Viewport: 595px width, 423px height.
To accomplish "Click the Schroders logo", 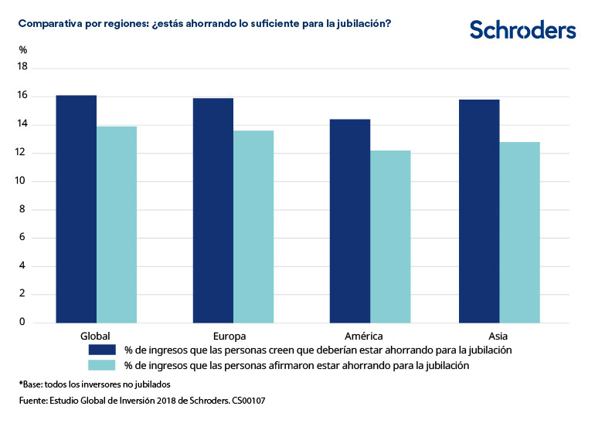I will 522,30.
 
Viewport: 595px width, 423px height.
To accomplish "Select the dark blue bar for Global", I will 76,208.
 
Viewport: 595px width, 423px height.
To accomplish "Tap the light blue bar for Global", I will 117,224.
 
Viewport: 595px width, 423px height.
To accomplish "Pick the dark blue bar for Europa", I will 213,210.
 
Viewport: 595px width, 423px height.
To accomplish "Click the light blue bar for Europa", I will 253,226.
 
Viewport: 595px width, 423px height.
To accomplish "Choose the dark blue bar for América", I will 350,221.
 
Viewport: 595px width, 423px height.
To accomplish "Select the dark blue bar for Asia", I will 479,211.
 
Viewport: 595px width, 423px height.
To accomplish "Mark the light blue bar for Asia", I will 519,232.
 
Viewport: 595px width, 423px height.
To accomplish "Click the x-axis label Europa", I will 229,337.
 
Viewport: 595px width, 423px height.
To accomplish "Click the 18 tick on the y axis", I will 22,67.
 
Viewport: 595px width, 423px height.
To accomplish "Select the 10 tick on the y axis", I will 22,181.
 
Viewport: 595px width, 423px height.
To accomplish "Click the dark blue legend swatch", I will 101,350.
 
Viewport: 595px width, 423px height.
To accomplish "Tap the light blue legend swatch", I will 101,365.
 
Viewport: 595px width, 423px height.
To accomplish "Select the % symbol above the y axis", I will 22,50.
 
